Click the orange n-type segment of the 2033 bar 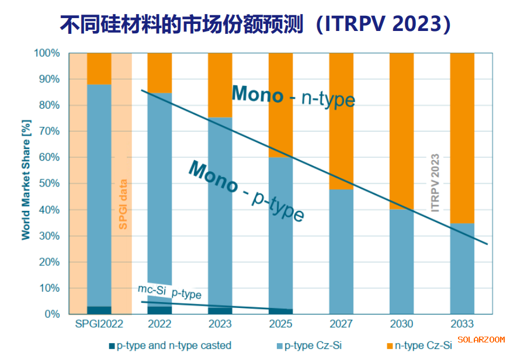pyautogui.click(x=462, y=137)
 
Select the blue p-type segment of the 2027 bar pyautogui.click(x=341, y=251)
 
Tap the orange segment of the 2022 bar pyautogui.click(x=159, y=72)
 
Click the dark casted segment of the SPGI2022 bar pyautogui.click(x=99, y=310)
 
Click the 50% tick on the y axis pyautogui.click(x=47, y=184)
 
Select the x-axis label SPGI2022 pyautogui.click(x=99, y=324)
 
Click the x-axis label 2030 pyautogui.click(x=401, y=324)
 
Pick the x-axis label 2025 pyautogui.click(x=280, y=324)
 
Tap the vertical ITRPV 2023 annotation pyautogui.click(x=435, y=183)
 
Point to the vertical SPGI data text pyautogui.click(x=123, y=203)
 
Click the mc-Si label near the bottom pyautogui.click(x=152, y=289)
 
